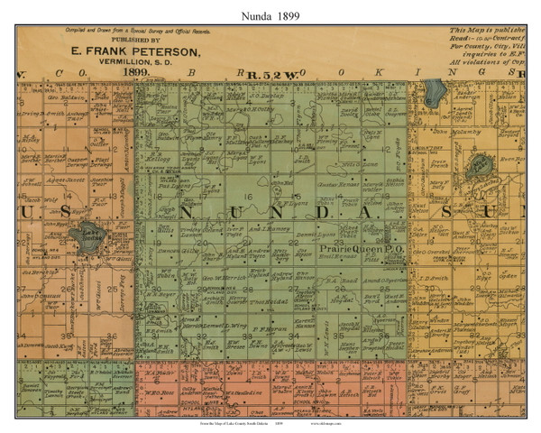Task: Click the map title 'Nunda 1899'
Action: pyautogui.click(x=270, y=15)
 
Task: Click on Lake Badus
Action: pyautogui.click(x=89, y=237)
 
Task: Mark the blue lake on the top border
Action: pyautogui.click(x=433, y=91)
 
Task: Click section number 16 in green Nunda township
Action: pyautogui.click(x=246, y=196)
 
